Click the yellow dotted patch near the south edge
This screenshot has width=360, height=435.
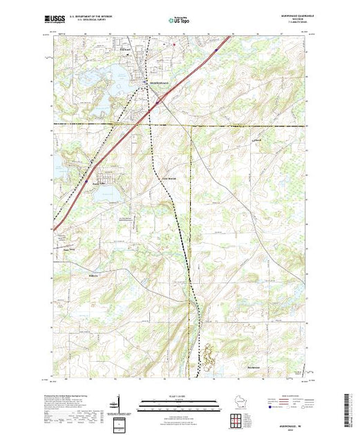coord(207,358)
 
